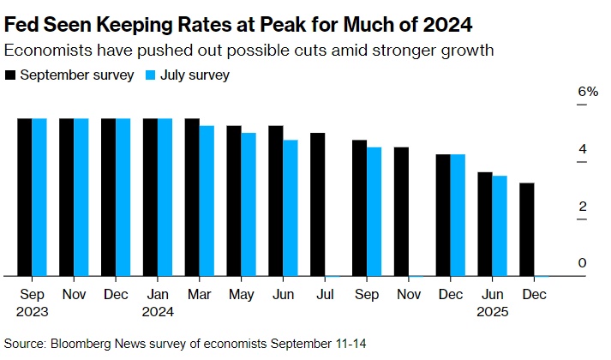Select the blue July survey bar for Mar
coord(207,201)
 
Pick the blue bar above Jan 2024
coord(165,197)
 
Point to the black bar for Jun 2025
coord(485,224)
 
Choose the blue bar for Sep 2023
coord(39,197)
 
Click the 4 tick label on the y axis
coord(582,149)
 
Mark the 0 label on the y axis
coord(582,263)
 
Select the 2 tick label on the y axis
coord(582,207)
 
